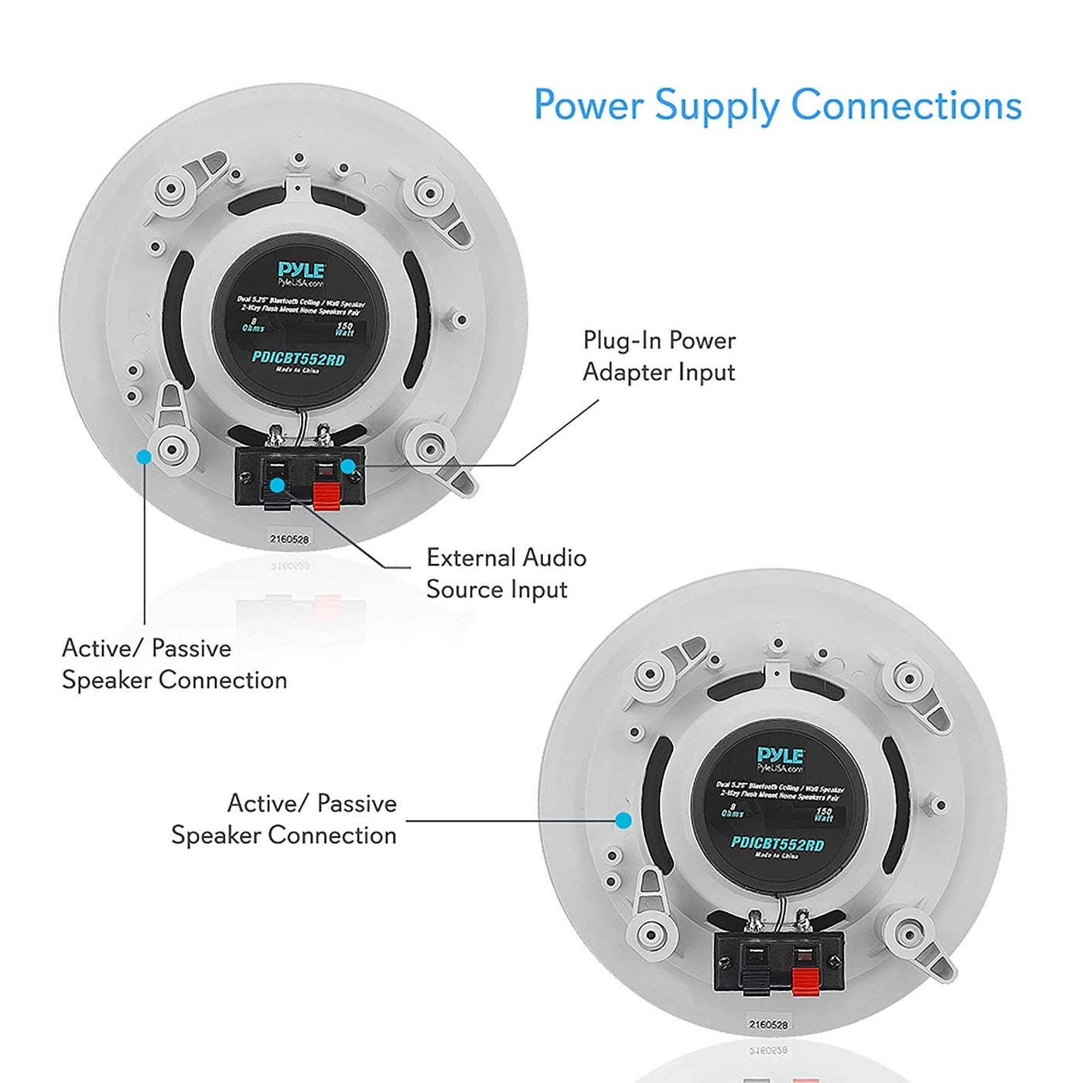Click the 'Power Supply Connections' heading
pyautogui.click(x=777, y=106)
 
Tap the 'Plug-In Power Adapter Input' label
pyautogui.click(x=659, y=356)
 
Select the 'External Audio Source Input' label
pyautogui.click(x=506, y=573)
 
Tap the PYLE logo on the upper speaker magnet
pyautogui.click(x=302, y=271)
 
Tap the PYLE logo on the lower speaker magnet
pyautogui.click(x=781, y=756)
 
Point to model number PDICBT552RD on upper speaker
pyautogui.click(x=298, y=358)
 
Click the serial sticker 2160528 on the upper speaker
pyautogui.click(x=289, y=538)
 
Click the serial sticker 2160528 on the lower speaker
pyautogui.click(x=767, y=1024)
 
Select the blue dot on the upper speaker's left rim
pyautogui.click(x=143, y=457)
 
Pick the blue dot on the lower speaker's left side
pyautogui.click(x=623, y=820)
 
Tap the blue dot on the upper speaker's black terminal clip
pyautogui.click(x=277, y=486)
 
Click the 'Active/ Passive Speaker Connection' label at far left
pyautogui.click(x=174, y=664)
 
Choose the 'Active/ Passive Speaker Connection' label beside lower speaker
pyautogui.click(x=284, y=819)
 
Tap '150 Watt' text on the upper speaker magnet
pyautogui.click(x=344, y=329)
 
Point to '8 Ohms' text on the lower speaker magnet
pyautogui.click(x=732, y=810)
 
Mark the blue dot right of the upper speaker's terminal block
pyautogui.click(x=349, y=466)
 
